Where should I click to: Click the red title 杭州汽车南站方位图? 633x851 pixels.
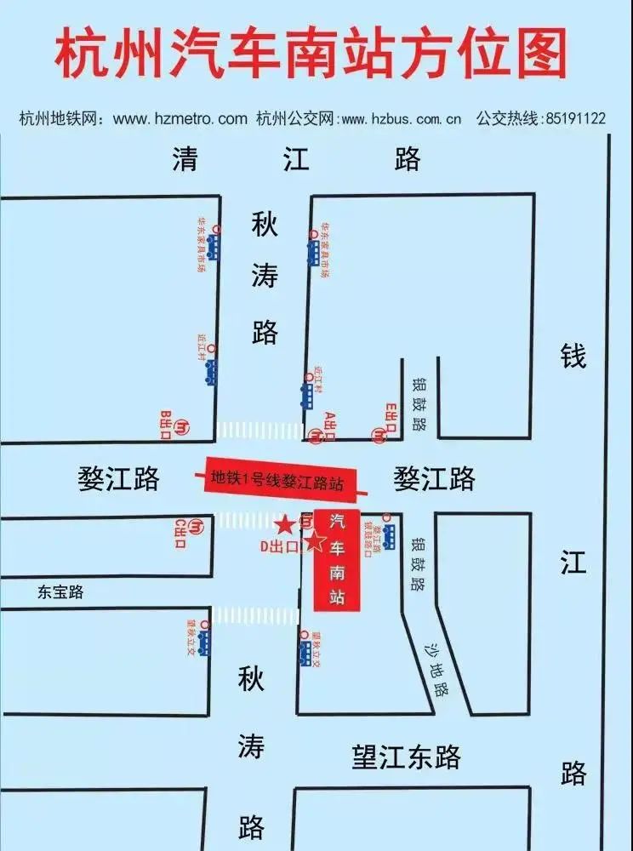tap(311, 56)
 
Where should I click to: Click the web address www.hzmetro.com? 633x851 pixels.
tap(180, 119)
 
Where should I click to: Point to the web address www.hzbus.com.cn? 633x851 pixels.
tap(401, 119)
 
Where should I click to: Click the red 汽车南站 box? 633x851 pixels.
tap(337, 559)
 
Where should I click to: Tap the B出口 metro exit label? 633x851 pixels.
tap(167, 424)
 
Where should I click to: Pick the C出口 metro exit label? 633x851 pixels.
tap(180, 534)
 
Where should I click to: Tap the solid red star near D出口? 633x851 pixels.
tap(285, 522)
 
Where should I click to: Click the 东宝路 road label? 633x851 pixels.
tap(60, 592)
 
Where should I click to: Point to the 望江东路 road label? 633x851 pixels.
tap(407, 756)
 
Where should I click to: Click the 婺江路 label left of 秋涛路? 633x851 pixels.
tap(118, 479)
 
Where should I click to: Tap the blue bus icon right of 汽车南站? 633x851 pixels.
tap(390, 537)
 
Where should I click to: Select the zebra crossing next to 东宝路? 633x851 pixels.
tap(255, 615)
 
